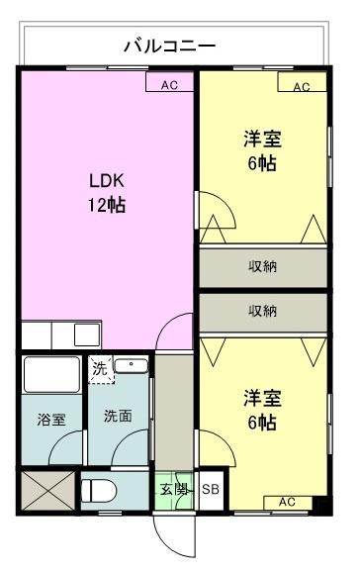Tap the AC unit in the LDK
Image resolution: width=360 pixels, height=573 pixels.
coord(169,84)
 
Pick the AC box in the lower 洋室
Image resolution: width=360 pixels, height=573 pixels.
coord(287,502)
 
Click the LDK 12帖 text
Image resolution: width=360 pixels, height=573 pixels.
coord(107,194)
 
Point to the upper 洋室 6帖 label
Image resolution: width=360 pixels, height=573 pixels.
coord(262,150)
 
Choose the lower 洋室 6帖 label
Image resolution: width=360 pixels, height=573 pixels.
coord(262,411)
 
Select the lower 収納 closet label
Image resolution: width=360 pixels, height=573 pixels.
coord(262,311)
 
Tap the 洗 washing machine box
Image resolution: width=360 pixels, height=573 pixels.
coord(99,368)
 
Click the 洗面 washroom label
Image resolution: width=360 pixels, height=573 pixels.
coord(119,416)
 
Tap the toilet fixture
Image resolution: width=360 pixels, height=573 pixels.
coord(101,490)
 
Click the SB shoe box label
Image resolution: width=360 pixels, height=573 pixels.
coord(211,490)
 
